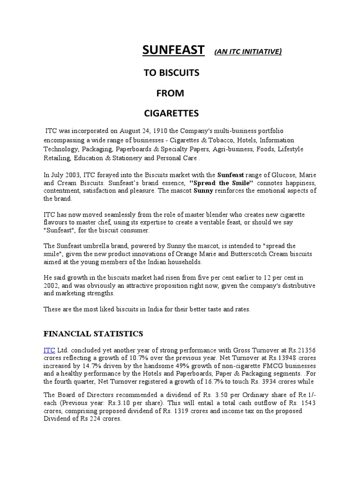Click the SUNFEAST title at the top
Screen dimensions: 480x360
pos(173,51)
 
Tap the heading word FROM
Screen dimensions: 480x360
pos(170,93)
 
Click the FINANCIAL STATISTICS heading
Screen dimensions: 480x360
pos(93,334)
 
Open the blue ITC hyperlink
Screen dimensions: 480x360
pos(49,350)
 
